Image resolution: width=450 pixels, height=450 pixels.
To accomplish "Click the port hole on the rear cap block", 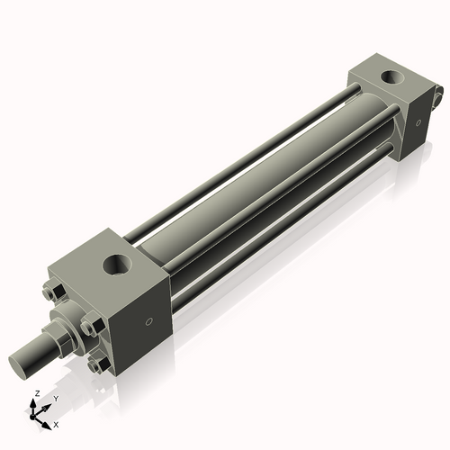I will coord(392,76).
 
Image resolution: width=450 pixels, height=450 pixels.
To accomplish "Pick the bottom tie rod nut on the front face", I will coord(97,364).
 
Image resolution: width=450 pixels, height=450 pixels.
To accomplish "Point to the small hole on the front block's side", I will coord(150,321).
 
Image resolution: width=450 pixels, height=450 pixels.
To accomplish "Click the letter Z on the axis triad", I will coord(35,394).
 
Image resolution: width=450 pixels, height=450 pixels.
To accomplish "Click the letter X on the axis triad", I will coord(57,423).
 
